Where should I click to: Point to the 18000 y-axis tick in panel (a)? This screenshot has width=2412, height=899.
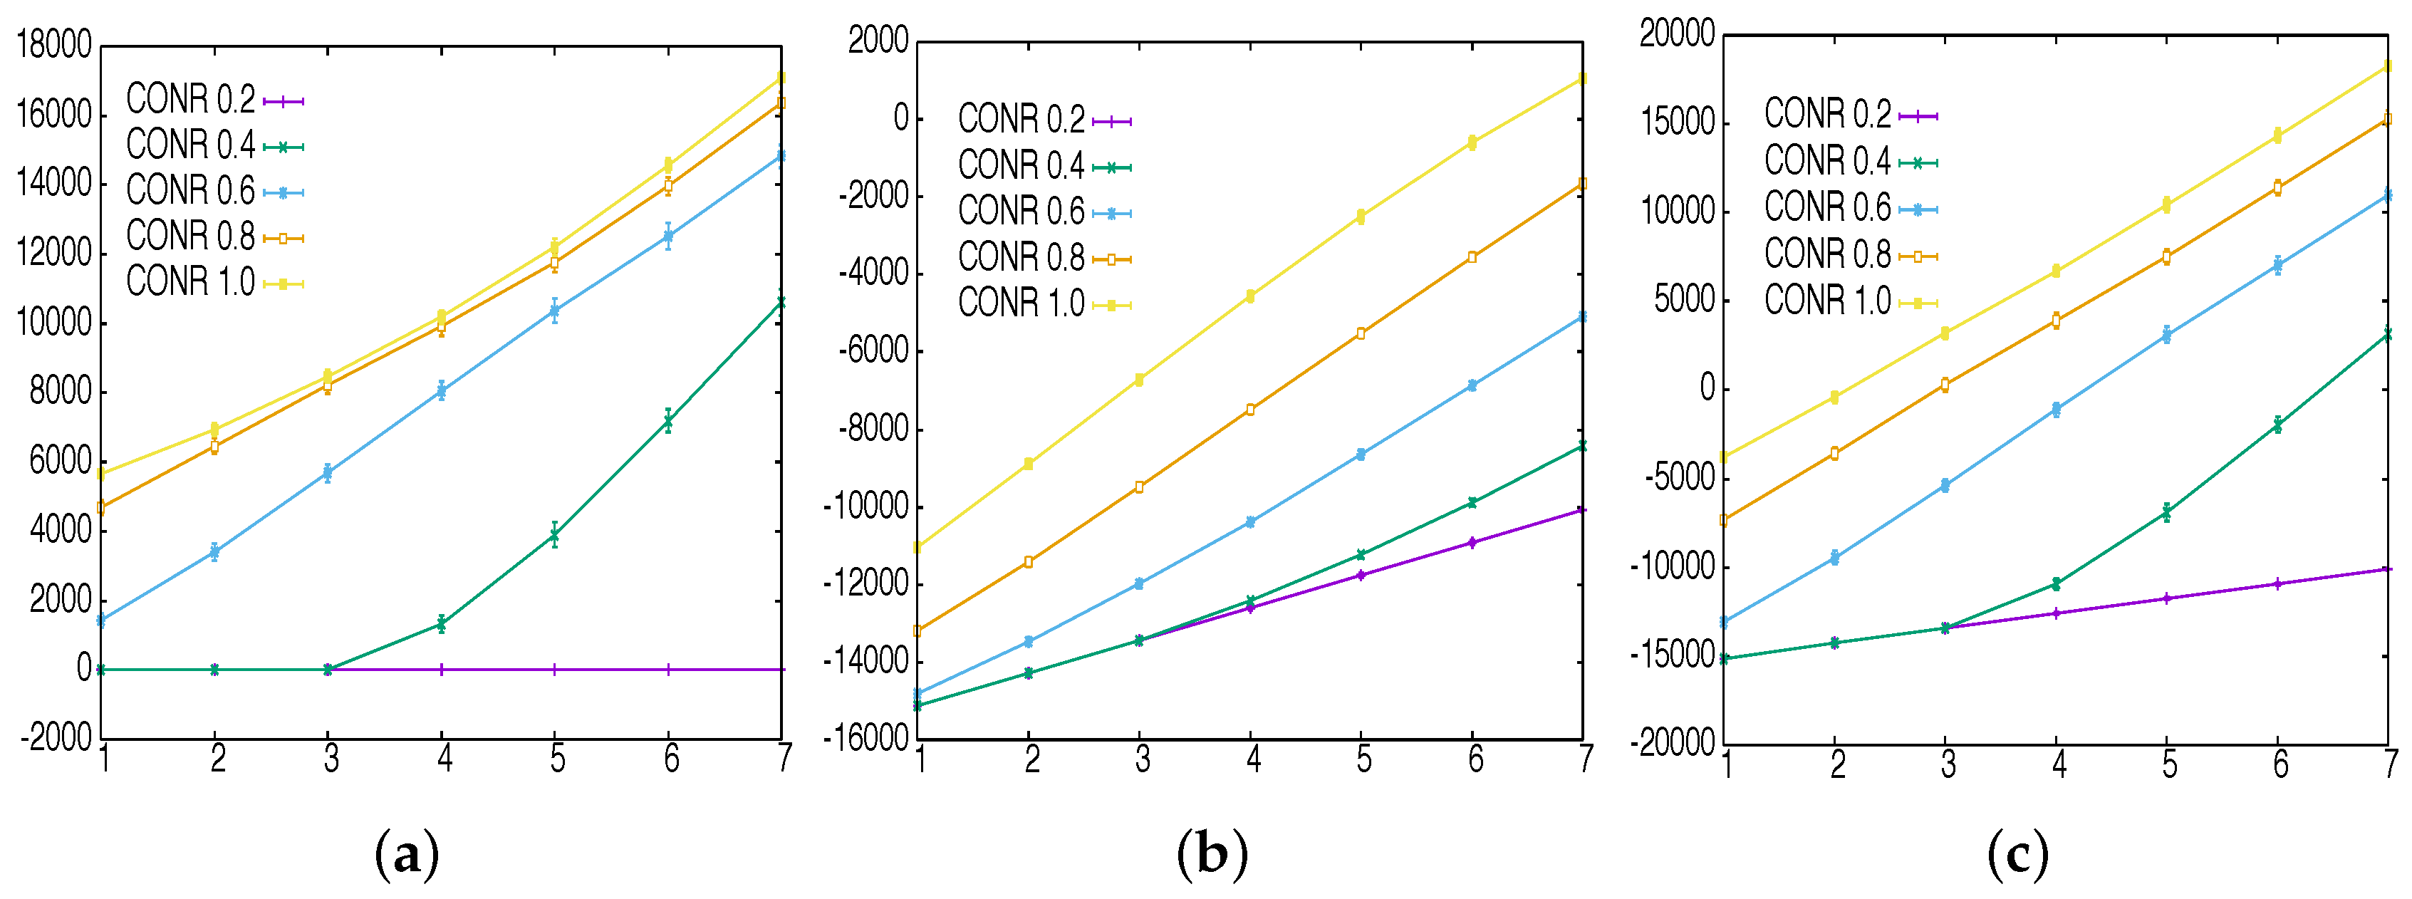pos(54,45)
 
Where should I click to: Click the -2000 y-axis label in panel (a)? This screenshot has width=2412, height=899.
pos(56,738)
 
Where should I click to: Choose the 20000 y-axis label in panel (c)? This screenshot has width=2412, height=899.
pos(1677,33)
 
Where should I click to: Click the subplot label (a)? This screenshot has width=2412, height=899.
pos(405,855)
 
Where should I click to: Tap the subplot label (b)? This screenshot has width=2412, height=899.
pos(1212,855)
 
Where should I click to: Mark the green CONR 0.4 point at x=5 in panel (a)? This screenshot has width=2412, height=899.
pos(554,535)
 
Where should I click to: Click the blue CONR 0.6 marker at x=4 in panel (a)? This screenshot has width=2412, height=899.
pos(441,390)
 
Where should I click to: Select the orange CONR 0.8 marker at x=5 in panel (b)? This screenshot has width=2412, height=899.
pos(1361,333)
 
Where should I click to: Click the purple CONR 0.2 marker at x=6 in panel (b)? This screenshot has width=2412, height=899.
pos(1472,542)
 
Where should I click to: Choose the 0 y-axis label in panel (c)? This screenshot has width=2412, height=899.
pos(1707,388)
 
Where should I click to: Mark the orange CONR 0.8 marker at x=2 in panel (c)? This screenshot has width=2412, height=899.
pos(1834,453)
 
